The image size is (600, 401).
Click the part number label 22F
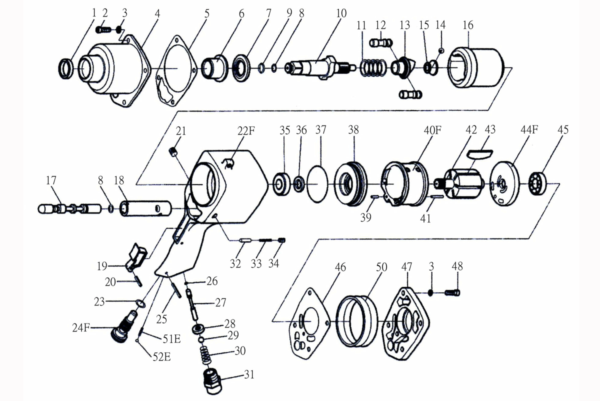pyautogui.click(x=246, y=131)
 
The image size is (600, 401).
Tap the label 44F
pyautogui.click(x=529, y=129)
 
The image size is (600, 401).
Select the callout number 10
pyautogui.click(x=341, y=13)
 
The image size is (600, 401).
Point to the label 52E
pyautogui.click(x=162, y=357)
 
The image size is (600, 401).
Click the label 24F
pyautogui.click(x=80, y=328)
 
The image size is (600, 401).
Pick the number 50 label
pyautogui.click(x=381, y=267)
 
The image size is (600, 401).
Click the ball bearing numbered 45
pyautogui.click(x=538, y=184)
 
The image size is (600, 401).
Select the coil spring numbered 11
pyautogui.click(x=373, y=68)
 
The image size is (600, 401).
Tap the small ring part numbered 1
pyautogui.click(x=65, y=69)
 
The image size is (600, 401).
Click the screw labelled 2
pyautogui.click(x=103, y=29)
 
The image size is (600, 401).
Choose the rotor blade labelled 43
pyautogui.click(x=479, y=153)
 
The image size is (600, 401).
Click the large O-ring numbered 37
pyautogui.click(x=317, y=184)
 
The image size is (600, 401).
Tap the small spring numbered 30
pyautogui.click(x=206, y=354)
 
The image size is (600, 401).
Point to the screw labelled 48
pyautogui.click(x=452, y=293)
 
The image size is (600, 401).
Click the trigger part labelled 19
pyautogui.click(x=136, y=256)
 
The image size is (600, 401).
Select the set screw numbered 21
pyautogui.click(x=174, y=151)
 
